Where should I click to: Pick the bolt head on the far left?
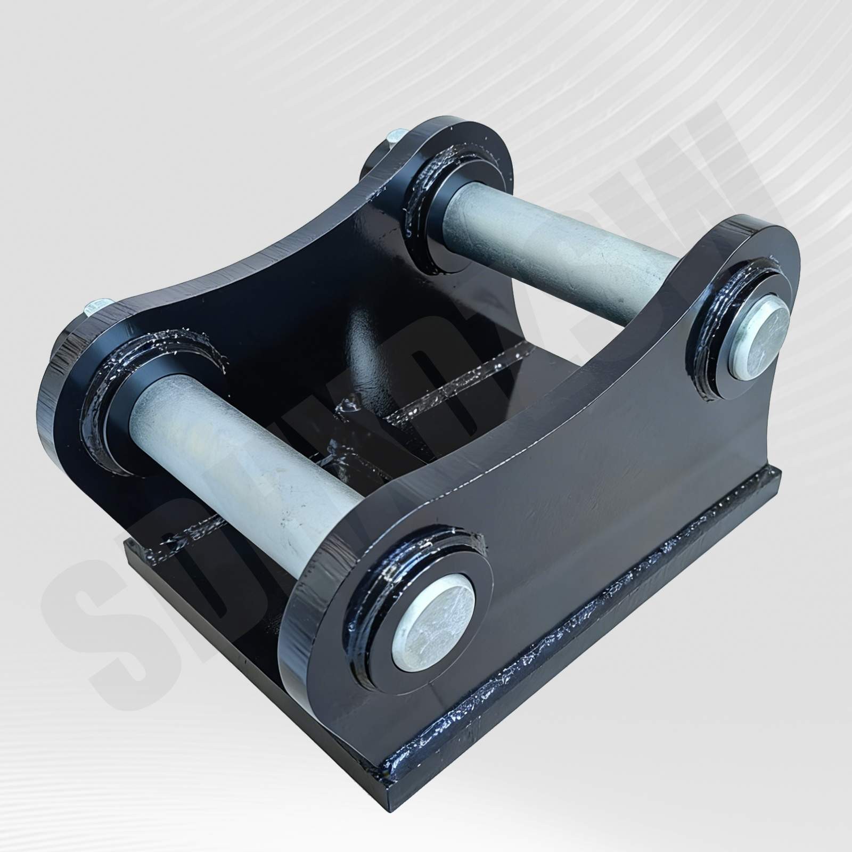[96, 308]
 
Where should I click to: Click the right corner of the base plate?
[779, 474]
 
